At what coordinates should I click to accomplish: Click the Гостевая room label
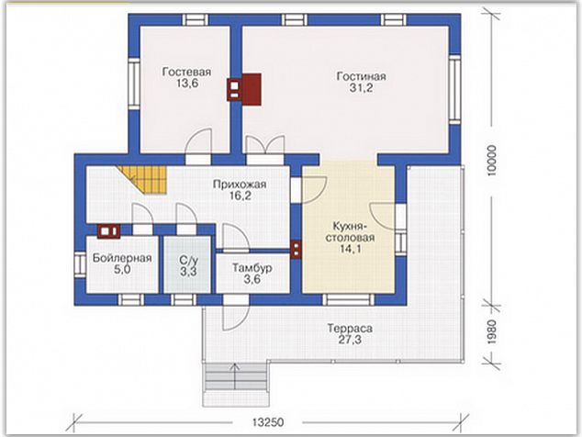point(186,72)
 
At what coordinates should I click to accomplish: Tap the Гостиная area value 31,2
point(361,88)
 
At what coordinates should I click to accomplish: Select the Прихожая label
point(240,185)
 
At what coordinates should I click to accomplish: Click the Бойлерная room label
point(122,258)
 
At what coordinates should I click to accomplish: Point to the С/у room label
point(188,260)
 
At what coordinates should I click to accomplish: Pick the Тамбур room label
point(252,268)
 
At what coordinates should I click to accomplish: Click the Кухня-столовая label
point(350,231)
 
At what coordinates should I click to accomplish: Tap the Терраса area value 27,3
point(350,340)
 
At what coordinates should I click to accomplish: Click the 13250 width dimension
point(268,422)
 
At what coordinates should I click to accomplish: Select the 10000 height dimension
point(491,161)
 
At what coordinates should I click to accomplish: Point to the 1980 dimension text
point(491,332)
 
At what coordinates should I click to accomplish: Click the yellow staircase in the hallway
point(143,180)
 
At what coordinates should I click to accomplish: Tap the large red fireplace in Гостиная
point(252,89)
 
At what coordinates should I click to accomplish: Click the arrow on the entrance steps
point(235,376)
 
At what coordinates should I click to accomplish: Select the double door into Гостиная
point(265,151)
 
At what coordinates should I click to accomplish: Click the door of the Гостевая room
point(198,147)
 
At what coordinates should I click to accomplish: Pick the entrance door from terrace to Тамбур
point(236,313)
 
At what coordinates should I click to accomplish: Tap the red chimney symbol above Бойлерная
point(108,231)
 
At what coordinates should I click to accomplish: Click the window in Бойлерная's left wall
point(80,264)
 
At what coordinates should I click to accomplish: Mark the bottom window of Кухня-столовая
point(348,299)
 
